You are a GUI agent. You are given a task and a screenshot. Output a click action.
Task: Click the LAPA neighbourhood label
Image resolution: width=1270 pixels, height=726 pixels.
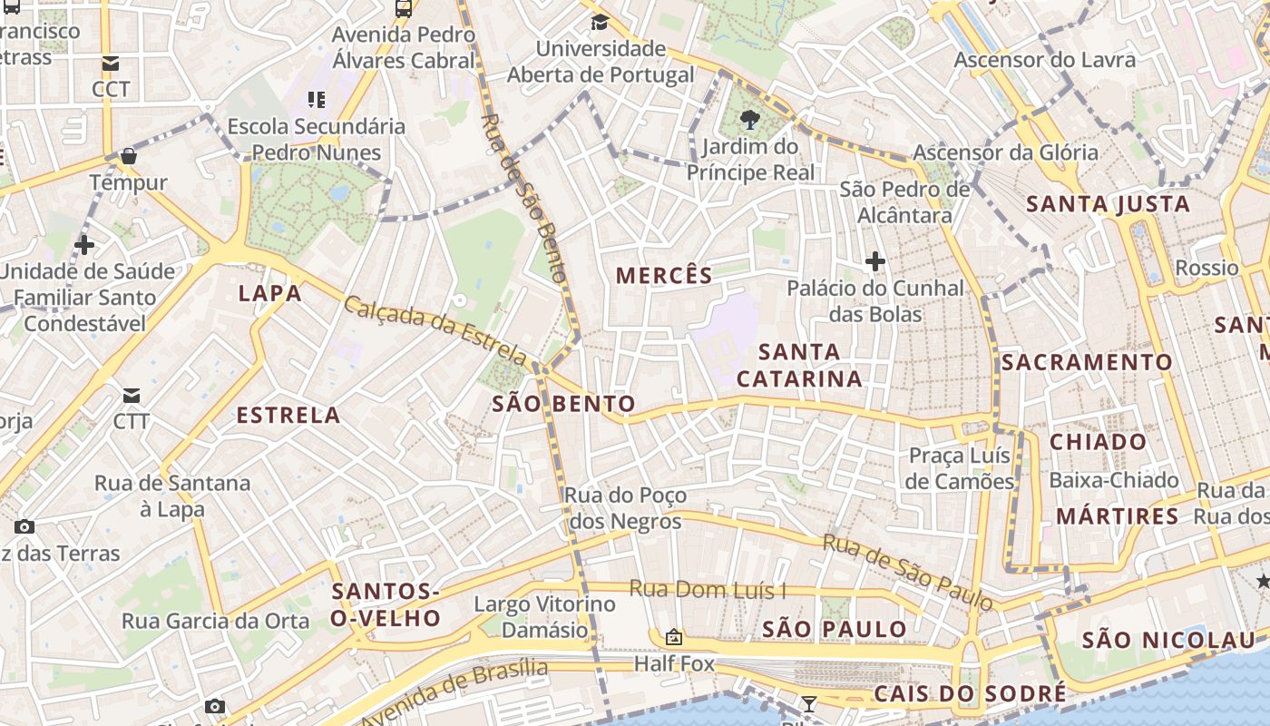click(269, 293)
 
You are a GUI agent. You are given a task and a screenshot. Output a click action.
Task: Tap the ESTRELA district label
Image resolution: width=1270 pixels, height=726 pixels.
click(288, 416)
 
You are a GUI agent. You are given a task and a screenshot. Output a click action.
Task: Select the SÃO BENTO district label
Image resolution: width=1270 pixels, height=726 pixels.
click(563, 404)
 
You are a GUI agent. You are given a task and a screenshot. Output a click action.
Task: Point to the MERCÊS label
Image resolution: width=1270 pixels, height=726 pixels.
click(664, 276)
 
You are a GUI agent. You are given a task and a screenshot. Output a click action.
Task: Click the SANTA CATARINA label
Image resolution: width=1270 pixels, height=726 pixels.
click(799, 365)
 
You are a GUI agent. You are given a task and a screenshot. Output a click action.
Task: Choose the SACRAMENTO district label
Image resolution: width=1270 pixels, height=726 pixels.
click(1087, 362)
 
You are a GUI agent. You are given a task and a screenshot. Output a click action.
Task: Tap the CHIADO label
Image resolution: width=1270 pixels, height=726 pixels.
click(1099, 442)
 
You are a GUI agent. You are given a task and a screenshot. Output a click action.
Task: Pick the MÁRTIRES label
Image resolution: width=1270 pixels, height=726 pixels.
click(1117, 516)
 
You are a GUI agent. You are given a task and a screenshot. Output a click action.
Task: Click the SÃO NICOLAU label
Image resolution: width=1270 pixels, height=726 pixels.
click(1168, 640)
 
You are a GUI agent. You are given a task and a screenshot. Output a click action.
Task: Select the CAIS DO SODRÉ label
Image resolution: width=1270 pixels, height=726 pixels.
click(970, 694)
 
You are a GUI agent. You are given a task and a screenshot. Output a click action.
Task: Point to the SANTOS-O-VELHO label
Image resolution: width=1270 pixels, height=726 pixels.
click(386, 605)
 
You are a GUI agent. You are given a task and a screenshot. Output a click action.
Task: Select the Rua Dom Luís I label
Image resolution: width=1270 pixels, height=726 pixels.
click(708, 590)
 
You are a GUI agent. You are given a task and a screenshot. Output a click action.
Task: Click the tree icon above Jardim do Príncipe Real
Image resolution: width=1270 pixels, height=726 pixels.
click(749, 119)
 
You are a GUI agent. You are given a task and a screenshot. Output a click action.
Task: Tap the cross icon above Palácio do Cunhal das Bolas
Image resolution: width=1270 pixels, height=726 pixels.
click(874, 262)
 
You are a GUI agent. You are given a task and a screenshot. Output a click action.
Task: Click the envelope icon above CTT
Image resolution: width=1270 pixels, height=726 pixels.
click(132, 396)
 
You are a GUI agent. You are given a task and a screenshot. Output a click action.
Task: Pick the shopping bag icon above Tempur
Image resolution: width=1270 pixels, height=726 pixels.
click(129, 156)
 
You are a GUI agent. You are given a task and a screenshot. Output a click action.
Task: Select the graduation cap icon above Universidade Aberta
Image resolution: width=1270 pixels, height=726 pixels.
click(600, 23)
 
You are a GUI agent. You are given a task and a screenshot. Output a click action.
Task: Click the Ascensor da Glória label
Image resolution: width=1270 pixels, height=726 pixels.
click(1005, 152)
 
